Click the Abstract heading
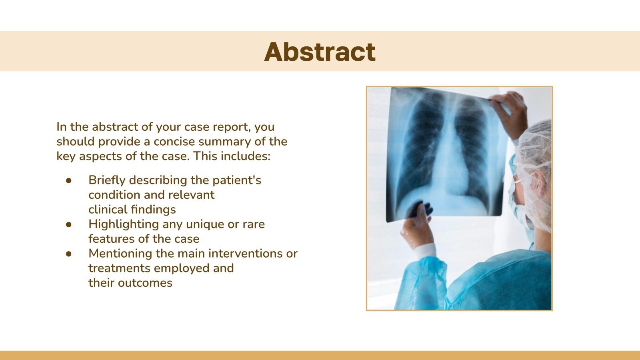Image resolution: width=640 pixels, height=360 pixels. click(320, 52)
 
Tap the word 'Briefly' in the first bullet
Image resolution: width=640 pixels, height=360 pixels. click(107, 180)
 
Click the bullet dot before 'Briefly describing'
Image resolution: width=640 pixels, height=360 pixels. click(69, 181)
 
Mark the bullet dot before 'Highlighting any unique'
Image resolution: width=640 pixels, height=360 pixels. click(69, 225)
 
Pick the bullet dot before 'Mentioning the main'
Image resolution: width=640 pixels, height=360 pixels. click(69, 254)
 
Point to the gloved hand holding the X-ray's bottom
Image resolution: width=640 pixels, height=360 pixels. click(416, 224)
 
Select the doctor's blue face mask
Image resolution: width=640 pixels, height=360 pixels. click(518, 200)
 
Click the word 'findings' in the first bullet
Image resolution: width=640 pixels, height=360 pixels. click(154, 210)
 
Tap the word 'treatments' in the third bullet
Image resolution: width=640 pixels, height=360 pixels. click(119, 268)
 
